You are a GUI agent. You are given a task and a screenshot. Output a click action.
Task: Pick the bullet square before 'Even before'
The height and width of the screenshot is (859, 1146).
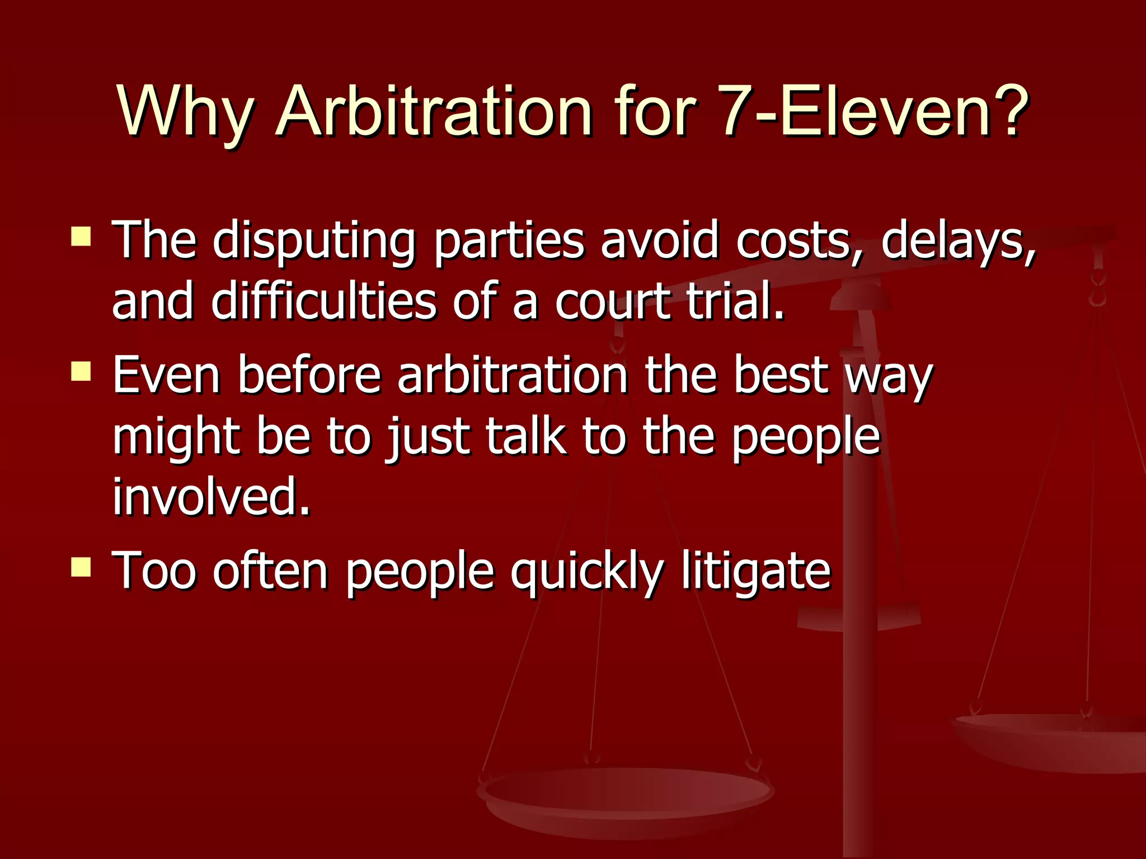coord(81,371)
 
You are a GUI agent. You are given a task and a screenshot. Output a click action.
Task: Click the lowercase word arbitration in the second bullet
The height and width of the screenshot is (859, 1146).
coord(513,375)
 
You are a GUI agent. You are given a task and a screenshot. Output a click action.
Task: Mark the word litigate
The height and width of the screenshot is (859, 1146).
coord(756,573)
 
